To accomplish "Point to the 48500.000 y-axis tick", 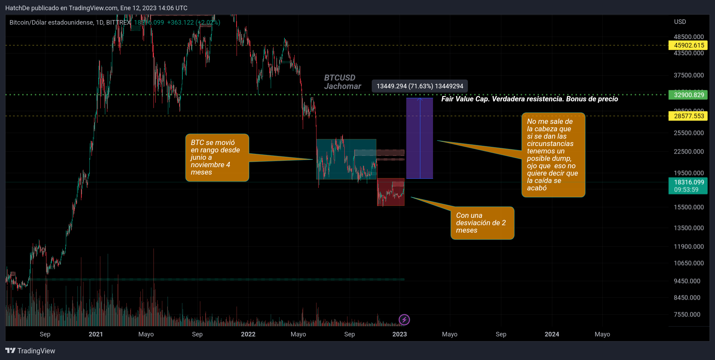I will pyautogui.click(x=689, y=37).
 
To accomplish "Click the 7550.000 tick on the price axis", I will pyautogui.click(x=687, y=315).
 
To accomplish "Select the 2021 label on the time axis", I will pyautogui.click(x=96, y=334).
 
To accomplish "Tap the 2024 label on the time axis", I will pyautogui.click(x=552, y=334).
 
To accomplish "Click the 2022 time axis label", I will pyautogui.click(x=248, y=334).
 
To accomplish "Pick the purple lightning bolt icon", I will pyautogui.click(x=404, y=320).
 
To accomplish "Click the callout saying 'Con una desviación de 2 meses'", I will pyautogui.click(x=482, y=223).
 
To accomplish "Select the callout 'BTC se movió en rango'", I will pyautogui.click(x=217, y=158).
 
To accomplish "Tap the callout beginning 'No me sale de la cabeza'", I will pyautogui.click(x=553, y=155).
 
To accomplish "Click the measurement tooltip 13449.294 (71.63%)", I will pyautogui.click(x=420, y=86).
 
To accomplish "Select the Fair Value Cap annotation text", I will pyautogui.click(x=529, y=99).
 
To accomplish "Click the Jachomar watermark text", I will pyautogui.click(x=343, y=87).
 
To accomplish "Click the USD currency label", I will pyautogui.click(x=680, y=22).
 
